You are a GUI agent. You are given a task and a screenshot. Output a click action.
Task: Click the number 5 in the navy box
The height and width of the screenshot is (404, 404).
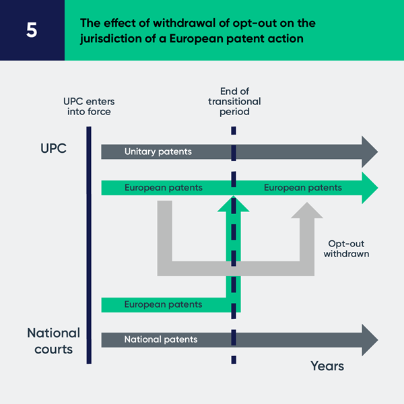click(x=32, y=31)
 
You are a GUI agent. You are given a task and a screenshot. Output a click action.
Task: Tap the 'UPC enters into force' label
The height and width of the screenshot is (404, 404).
click(x=88, y=106)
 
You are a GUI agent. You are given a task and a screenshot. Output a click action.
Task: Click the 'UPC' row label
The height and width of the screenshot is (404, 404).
click(x=54, y=148)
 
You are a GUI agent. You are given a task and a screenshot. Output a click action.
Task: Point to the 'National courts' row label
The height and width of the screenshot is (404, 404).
click(x=53, y=341)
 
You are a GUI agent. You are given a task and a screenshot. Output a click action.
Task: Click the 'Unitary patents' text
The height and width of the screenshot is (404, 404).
click(x=158, y=151)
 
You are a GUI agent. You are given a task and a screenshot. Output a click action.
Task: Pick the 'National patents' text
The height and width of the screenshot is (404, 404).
click(x=160, y=339)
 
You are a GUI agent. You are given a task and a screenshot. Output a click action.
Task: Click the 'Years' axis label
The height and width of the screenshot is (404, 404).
click(x=327, y=366)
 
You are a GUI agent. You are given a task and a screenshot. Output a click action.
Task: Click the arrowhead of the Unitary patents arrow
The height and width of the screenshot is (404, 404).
click(x=370, y=151)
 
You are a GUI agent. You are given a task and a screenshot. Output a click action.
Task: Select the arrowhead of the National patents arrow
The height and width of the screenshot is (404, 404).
click(x=370, y=339)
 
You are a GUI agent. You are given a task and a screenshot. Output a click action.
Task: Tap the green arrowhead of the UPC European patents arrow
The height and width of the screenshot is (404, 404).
click(x=370, y=188)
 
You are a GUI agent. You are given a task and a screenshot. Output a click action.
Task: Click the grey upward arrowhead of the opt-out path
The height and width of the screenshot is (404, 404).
click(x=307, y=211)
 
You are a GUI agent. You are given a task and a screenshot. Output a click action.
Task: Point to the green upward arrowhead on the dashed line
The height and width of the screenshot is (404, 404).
click(x=233, y=203)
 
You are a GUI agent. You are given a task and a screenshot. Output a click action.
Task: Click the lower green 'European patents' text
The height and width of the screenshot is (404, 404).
click(x=163, y=304)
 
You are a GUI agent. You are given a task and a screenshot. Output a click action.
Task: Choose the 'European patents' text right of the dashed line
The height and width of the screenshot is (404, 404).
click(x=302, y=188)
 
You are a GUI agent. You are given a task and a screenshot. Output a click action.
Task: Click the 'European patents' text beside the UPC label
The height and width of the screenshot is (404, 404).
click(x=163, y=188)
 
